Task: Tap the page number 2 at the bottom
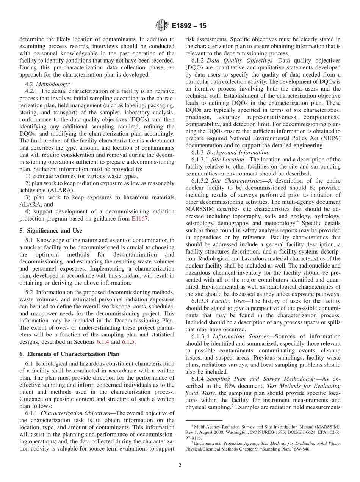pos(180,465)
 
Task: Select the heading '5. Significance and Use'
pos(50,230)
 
